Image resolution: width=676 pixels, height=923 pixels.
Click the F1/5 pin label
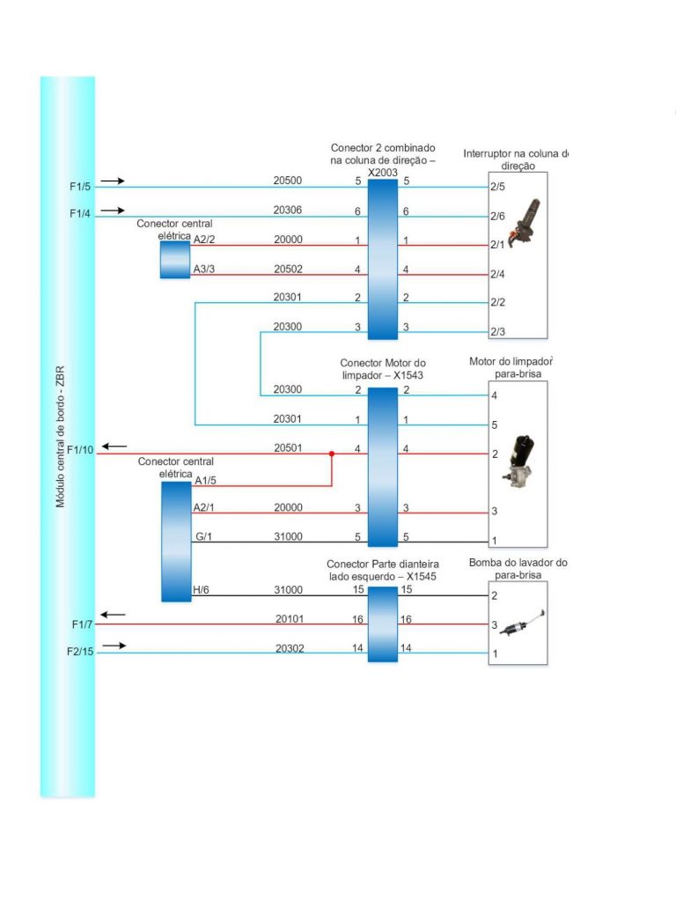pyautogui.click(x=80, y=187)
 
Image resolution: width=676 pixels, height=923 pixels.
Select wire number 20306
pyautogui.click(x=287, y=210)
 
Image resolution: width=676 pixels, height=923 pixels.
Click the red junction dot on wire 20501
pyautogui.click(x=332, y=454)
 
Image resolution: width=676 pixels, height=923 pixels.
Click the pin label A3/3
pyautogui.click(x=204, y=269)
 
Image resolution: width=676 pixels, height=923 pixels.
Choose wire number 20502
pyautogui.click(x=287, y=269)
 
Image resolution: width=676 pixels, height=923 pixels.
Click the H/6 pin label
pyautogui.click(x=201, y=590)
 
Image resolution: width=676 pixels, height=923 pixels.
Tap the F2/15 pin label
pyautogui.click(x=83, y=653)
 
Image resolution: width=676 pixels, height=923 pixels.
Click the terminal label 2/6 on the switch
pyautogui.click(x=497, y=216)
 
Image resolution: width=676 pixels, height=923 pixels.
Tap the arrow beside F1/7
pyautogui.click(x=114, y=614)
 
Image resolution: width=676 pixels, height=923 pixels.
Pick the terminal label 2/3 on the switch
pyautogui.click(x=497, y=331)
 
